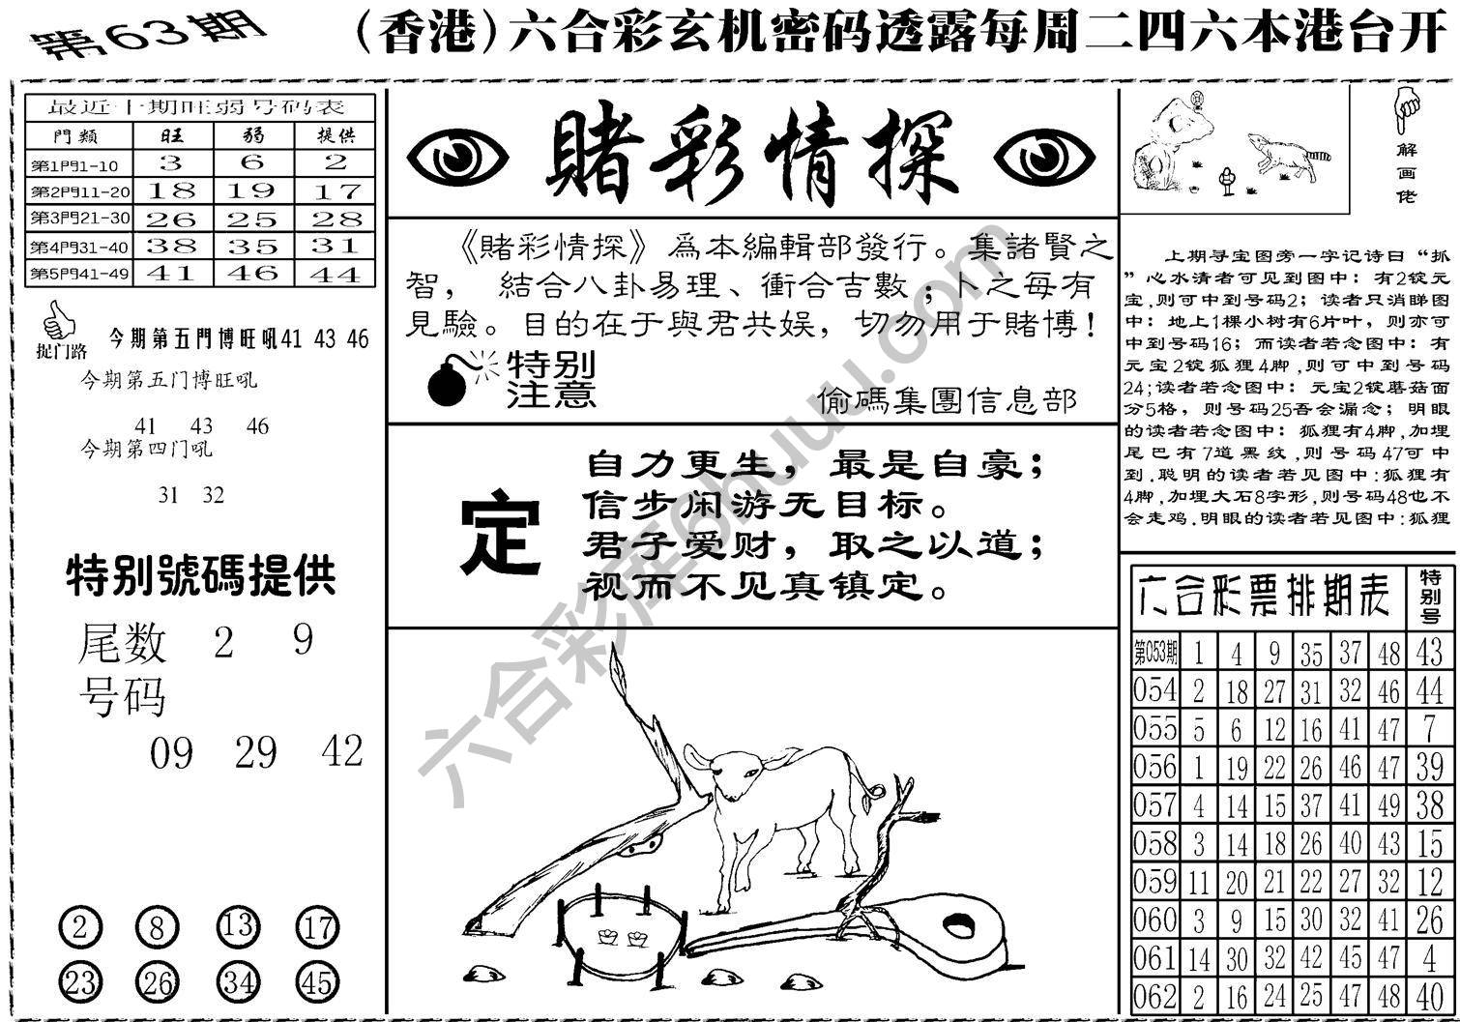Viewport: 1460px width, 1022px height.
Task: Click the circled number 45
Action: (317, 983)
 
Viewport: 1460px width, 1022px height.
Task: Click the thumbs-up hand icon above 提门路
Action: (59, 318)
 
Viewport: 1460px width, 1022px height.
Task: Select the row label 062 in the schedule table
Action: (1154, 996)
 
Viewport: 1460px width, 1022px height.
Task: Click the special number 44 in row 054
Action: (1429, 689)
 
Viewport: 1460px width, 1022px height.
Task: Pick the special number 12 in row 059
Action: (1429, 881)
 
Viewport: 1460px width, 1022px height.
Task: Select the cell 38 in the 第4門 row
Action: (171, 247)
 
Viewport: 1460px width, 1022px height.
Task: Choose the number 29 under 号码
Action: (255, 752)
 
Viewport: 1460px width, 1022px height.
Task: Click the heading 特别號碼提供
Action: (201, 577)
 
